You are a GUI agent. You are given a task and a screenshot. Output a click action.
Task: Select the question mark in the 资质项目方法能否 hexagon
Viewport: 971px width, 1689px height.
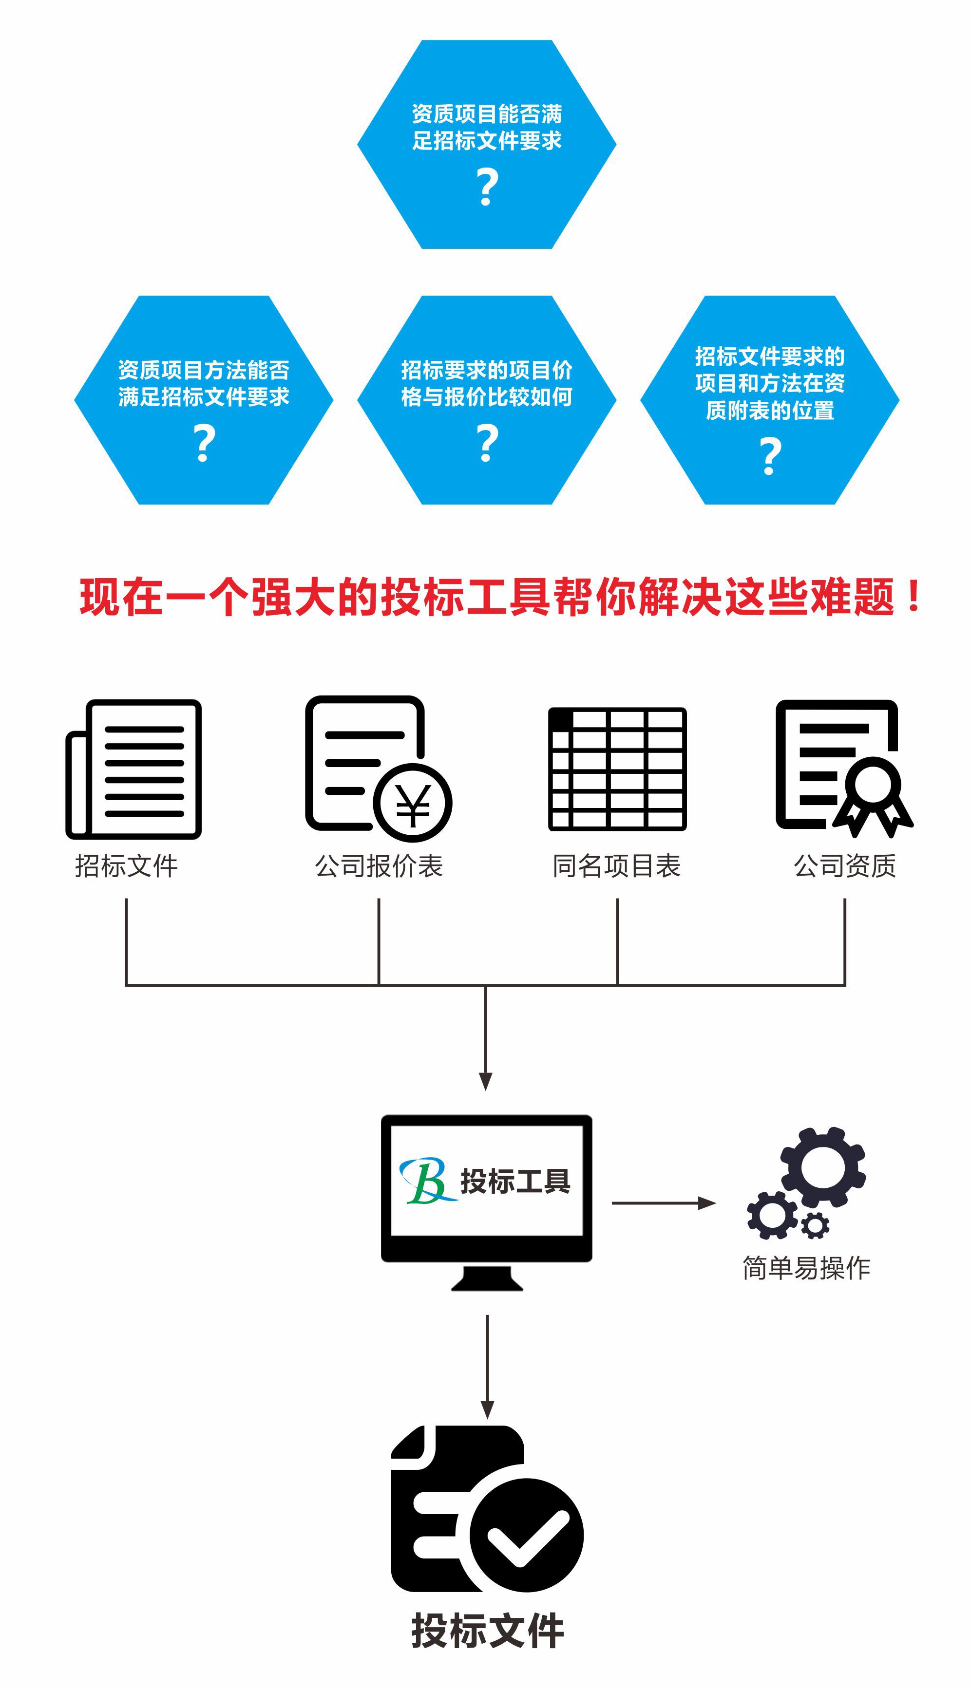204,443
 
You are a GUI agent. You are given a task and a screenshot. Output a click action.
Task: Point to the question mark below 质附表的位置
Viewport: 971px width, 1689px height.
770,456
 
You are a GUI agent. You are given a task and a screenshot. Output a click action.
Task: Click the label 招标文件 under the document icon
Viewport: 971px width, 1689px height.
127,866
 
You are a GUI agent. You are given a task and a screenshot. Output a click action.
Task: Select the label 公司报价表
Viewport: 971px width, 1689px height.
379,866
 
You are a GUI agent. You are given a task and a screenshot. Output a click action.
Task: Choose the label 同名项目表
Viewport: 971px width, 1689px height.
617,866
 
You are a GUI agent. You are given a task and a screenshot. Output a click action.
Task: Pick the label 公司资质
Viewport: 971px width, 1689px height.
845,866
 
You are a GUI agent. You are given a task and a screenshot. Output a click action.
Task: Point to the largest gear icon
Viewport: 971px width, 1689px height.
823,1166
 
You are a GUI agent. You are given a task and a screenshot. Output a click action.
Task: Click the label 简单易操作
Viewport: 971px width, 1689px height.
806,1268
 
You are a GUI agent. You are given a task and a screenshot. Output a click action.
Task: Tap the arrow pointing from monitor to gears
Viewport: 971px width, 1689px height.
664,1203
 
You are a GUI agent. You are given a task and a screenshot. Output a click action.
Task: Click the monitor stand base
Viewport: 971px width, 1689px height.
487,1280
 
